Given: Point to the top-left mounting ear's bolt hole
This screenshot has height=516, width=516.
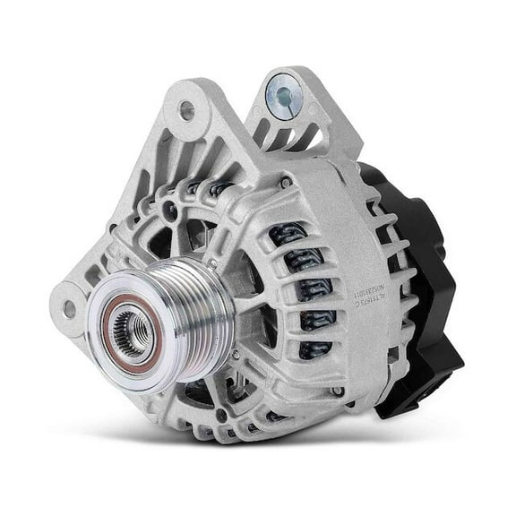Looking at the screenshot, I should (x=186, y=111).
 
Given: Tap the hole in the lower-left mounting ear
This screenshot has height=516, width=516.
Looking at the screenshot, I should (x=69, y=309).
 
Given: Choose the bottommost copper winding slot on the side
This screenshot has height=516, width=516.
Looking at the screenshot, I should (x=314, y=350).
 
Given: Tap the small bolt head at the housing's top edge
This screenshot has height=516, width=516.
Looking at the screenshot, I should (x=284, y=183).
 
